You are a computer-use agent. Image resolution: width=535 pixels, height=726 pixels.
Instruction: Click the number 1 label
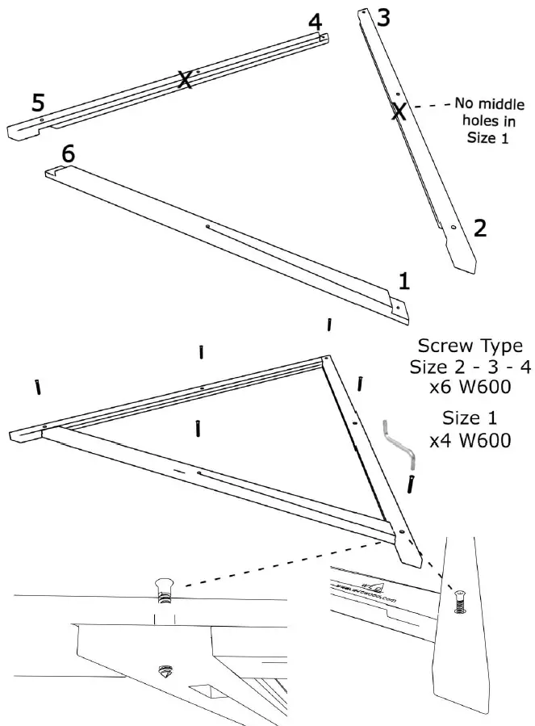404,280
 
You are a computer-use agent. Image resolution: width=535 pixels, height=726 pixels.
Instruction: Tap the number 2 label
479,228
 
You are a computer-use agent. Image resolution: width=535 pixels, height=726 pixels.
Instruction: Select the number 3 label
383,19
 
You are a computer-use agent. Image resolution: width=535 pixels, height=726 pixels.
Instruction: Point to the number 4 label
316,22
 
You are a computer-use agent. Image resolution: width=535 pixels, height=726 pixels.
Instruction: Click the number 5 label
38,102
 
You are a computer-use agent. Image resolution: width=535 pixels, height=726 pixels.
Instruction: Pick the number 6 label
69,153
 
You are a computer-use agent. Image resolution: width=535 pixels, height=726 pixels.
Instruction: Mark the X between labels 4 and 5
185,79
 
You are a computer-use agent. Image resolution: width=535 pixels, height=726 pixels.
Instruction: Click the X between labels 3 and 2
398,111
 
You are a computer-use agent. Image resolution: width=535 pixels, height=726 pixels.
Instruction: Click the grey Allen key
400,444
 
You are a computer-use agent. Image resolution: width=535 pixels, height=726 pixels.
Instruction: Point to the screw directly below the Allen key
412,485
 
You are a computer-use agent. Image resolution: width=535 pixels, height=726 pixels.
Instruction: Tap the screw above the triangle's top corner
329,325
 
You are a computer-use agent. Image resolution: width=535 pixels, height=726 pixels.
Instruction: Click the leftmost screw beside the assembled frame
38,388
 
